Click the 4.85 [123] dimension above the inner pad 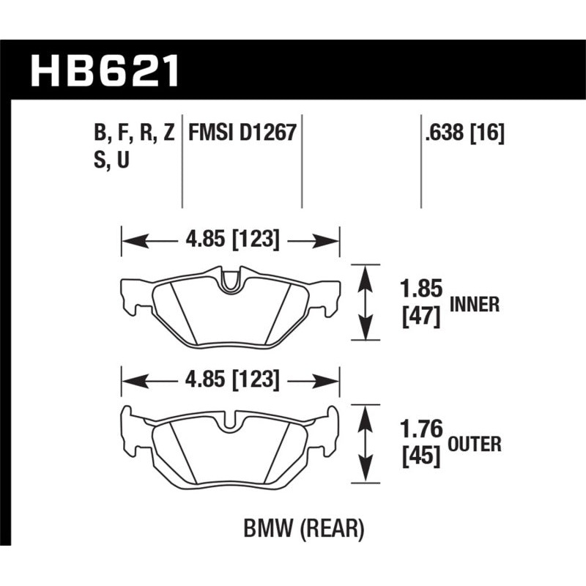click(230, 240)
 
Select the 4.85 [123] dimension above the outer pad click(230, 380)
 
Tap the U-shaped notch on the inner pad click(231, 282)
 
